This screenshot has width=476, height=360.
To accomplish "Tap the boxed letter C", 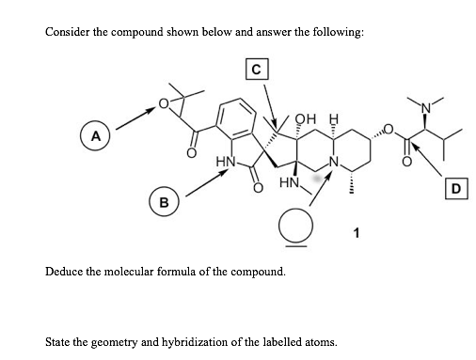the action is tap(255, 68).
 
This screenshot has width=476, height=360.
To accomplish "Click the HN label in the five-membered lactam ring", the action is tap(226, 163).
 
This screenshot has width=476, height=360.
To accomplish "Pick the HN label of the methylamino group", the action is tap(288, 187).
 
